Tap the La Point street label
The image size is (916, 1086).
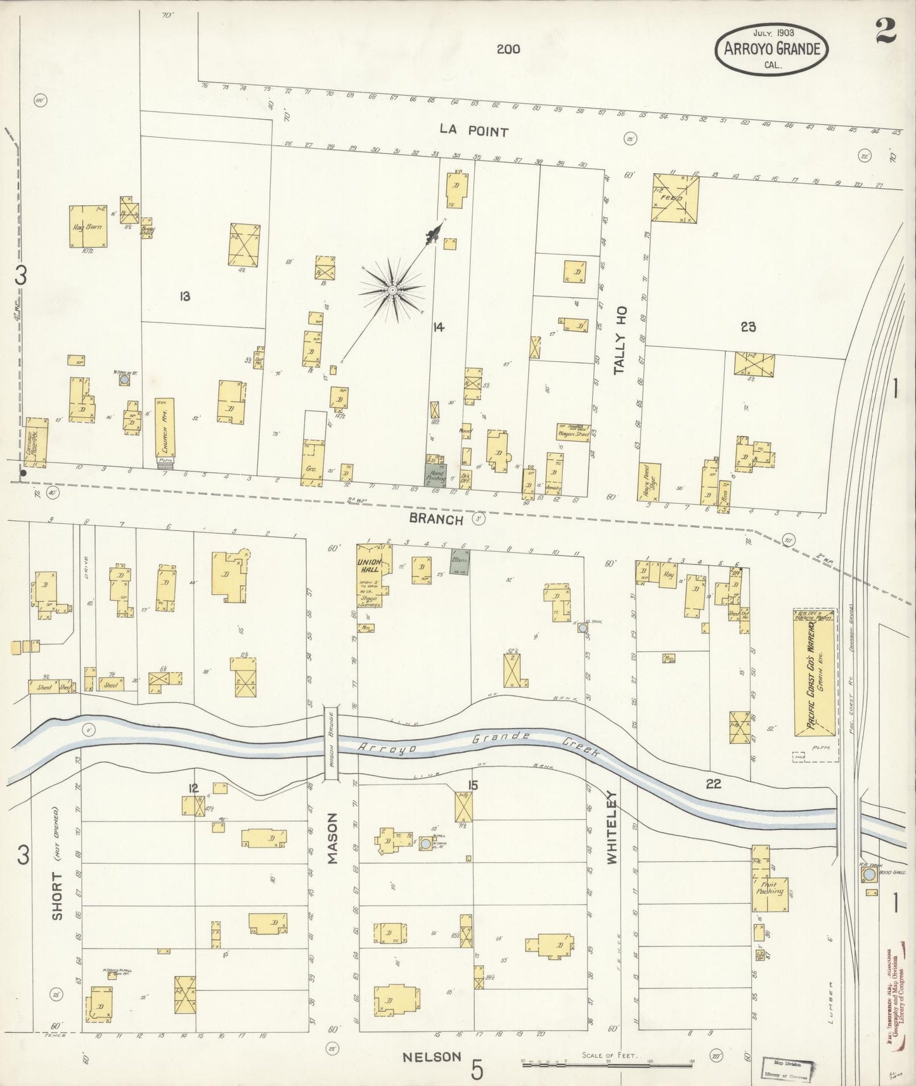coord(474,131)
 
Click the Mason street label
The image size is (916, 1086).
coord(333,839)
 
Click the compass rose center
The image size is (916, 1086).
coord(393,290)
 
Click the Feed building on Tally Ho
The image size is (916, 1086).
coord(675,198)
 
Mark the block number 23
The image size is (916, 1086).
coord(748,327)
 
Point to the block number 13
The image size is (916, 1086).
coord(184,295)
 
